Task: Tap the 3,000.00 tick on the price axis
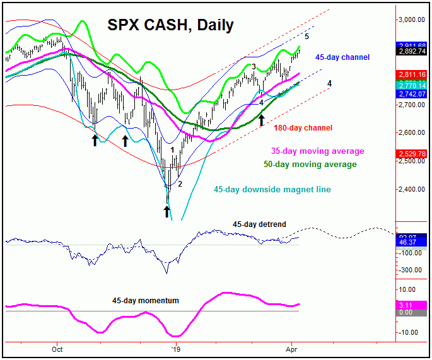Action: point(411,20)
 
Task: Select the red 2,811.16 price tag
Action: point(411,74)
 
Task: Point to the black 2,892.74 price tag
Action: point(411,52)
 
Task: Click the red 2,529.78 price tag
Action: point(411,153)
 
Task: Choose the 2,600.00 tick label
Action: point(411,132)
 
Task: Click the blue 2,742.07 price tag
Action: point(411,93)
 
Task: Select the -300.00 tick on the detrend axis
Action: point(411,270)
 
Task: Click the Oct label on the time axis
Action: point(57,347)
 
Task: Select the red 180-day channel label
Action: point(303,128)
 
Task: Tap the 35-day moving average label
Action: point(318,151)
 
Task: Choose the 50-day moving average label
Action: point(310,165)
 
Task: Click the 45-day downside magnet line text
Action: point(272,189)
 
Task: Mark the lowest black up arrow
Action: point(167,211)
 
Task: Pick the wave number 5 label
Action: point(306,36)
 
